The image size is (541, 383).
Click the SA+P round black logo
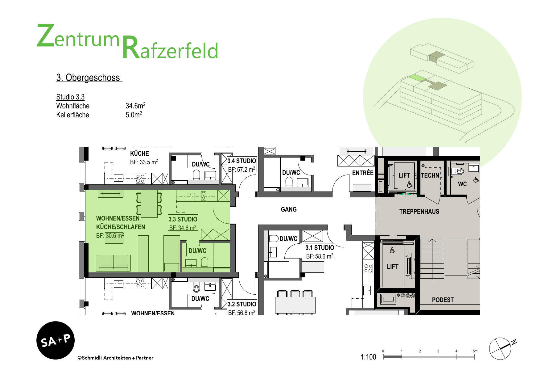pos(56,340)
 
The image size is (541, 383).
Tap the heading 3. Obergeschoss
pos(89,78)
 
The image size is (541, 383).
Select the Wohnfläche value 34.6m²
pos(135,106)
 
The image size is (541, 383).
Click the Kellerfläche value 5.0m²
pos(134,115)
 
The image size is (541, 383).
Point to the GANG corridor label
pos(289,209)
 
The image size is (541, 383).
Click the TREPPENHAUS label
pos(419,212)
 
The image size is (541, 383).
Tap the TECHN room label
pos(430,175)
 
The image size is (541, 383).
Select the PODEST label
pos(443,300)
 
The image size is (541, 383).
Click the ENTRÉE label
pos(363,173)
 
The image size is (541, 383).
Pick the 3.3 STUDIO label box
pos(183,223)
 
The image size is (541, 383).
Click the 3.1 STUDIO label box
pos(320,251)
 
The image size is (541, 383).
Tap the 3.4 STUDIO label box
pos(242,165)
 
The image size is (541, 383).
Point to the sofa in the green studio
pos(113,263)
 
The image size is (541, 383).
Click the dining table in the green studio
pos(149,204)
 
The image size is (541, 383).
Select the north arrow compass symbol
pos(501,348)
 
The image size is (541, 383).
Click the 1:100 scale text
pos(368,357)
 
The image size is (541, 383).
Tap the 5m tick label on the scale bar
pos(475,351)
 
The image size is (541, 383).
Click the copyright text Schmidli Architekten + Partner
pos(116,358)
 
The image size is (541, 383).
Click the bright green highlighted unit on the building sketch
pos(417,78)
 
